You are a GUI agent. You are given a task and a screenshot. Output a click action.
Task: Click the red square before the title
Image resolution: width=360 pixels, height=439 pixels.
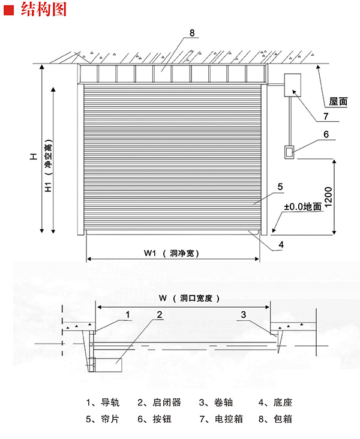tap(8, 10)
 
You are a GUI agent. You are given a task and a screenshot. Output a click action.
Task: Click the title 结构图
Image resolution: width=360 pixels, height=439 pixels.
tap(44, 9)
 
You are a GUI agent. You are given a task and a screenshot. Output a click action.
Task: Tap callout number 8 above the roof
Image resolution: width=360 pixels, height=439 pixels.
tap(192, 33)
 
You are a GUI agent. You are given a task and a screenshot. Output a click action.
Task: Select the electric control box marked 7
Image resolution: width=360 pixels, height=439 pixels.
tap(293, 85)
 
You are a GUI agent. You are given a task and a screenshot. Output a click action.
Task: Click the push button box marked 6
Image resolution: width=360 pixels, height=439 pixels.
tap(289, 152)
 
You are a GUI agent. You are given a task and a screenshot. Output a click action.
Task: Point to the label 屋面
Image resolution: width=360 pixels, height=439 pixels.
tap(338, 101)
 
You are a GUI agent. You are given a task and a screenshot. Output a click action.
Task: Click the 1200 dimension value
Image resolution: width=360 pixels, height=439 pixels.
tap(328, 197)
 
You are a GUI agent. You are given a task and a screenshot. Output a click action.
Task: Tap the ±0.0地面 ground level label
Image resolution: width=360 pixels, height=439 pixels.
tap(302, 207)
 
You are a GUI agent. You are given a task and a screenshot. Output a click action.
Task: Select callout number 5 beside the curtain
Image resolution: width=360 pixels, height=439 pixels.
tap(280, 187)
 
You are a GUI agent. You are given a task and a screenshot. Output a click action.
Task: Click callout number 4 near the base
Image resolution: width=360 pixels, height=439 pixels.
tap(281, 245)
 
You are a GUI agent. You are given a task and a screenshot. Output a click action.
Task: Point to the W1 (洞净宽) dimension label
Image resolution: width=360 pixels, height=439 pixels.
tap(172, 253)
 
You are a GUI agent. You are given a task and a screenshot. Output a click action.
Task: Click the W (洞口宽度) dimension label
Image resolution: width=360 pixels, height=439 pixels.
tap(190, 298)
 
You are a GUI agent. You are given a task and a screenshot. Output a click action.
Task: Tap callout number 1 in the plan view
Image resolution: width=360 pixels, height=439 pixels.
tap(128, 315)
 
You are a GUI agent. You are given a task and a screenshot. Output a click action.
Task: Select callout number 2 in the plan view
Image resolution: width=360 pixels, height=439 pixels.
tap(160, 315)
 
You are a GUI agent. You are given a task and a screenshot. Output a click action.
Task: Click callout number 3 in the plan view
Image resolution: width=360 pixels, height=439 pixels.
tap(244, 315)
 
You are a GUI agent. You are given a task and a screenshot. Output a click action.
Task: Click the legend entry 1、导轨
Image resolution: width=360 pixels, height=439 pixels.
tap(103, 402)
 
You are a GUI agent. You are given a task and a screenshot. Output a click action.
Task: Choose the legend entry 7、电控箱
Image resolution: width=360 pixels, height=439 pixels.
tap(221, 419)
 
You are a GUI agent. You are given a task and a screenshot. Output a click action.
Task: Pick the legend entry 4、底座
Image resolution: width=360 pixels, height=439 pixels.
tap(275, 402)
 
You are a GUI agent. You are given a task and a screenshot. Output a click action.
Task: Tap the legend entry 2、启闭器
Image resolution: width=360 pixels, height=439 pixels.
tap(159, 402)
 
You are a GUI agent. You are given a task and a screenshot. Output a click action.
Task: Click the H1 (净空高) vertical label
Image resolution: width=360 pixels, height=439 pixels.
tap(49, 166)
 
